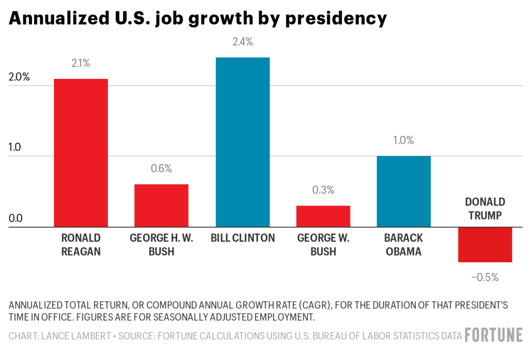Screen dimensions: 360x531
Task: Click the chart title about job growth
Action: click(198, 19)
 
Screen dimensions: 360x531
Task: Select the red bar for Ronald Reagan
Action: click(81, 153)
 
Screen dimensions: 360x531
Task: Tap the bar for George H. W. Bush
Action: click(161, 205)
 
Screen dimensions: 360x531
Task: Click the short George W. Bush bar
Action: click(323, 216)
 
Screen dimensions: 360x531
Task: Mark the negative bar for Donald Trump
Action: click(485, 244)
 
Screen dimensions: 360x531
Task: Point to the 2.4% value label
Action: click(242, 43)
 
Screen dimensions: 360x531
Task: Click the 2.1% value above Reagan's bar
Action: click(81, 64)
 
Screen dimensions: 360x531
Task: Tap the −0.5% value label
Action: click(485, 278)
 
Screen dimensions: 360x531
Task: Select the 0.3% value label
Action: click(323, 190)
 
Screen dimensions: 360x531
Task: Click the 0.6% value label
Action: click(161, 169)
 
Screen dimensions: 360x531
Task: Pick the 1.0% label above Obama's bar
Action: click(404, 141)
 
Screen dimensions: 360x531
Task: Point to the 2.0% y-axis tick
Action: click(19, 78)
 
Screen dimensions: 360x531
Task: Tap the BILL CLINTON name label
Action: click(242, 239)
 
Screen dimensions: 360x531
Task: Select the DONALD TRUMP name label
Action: click(485, 209)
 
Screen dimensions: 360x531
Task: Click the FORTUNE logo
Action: click(493, 335)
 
